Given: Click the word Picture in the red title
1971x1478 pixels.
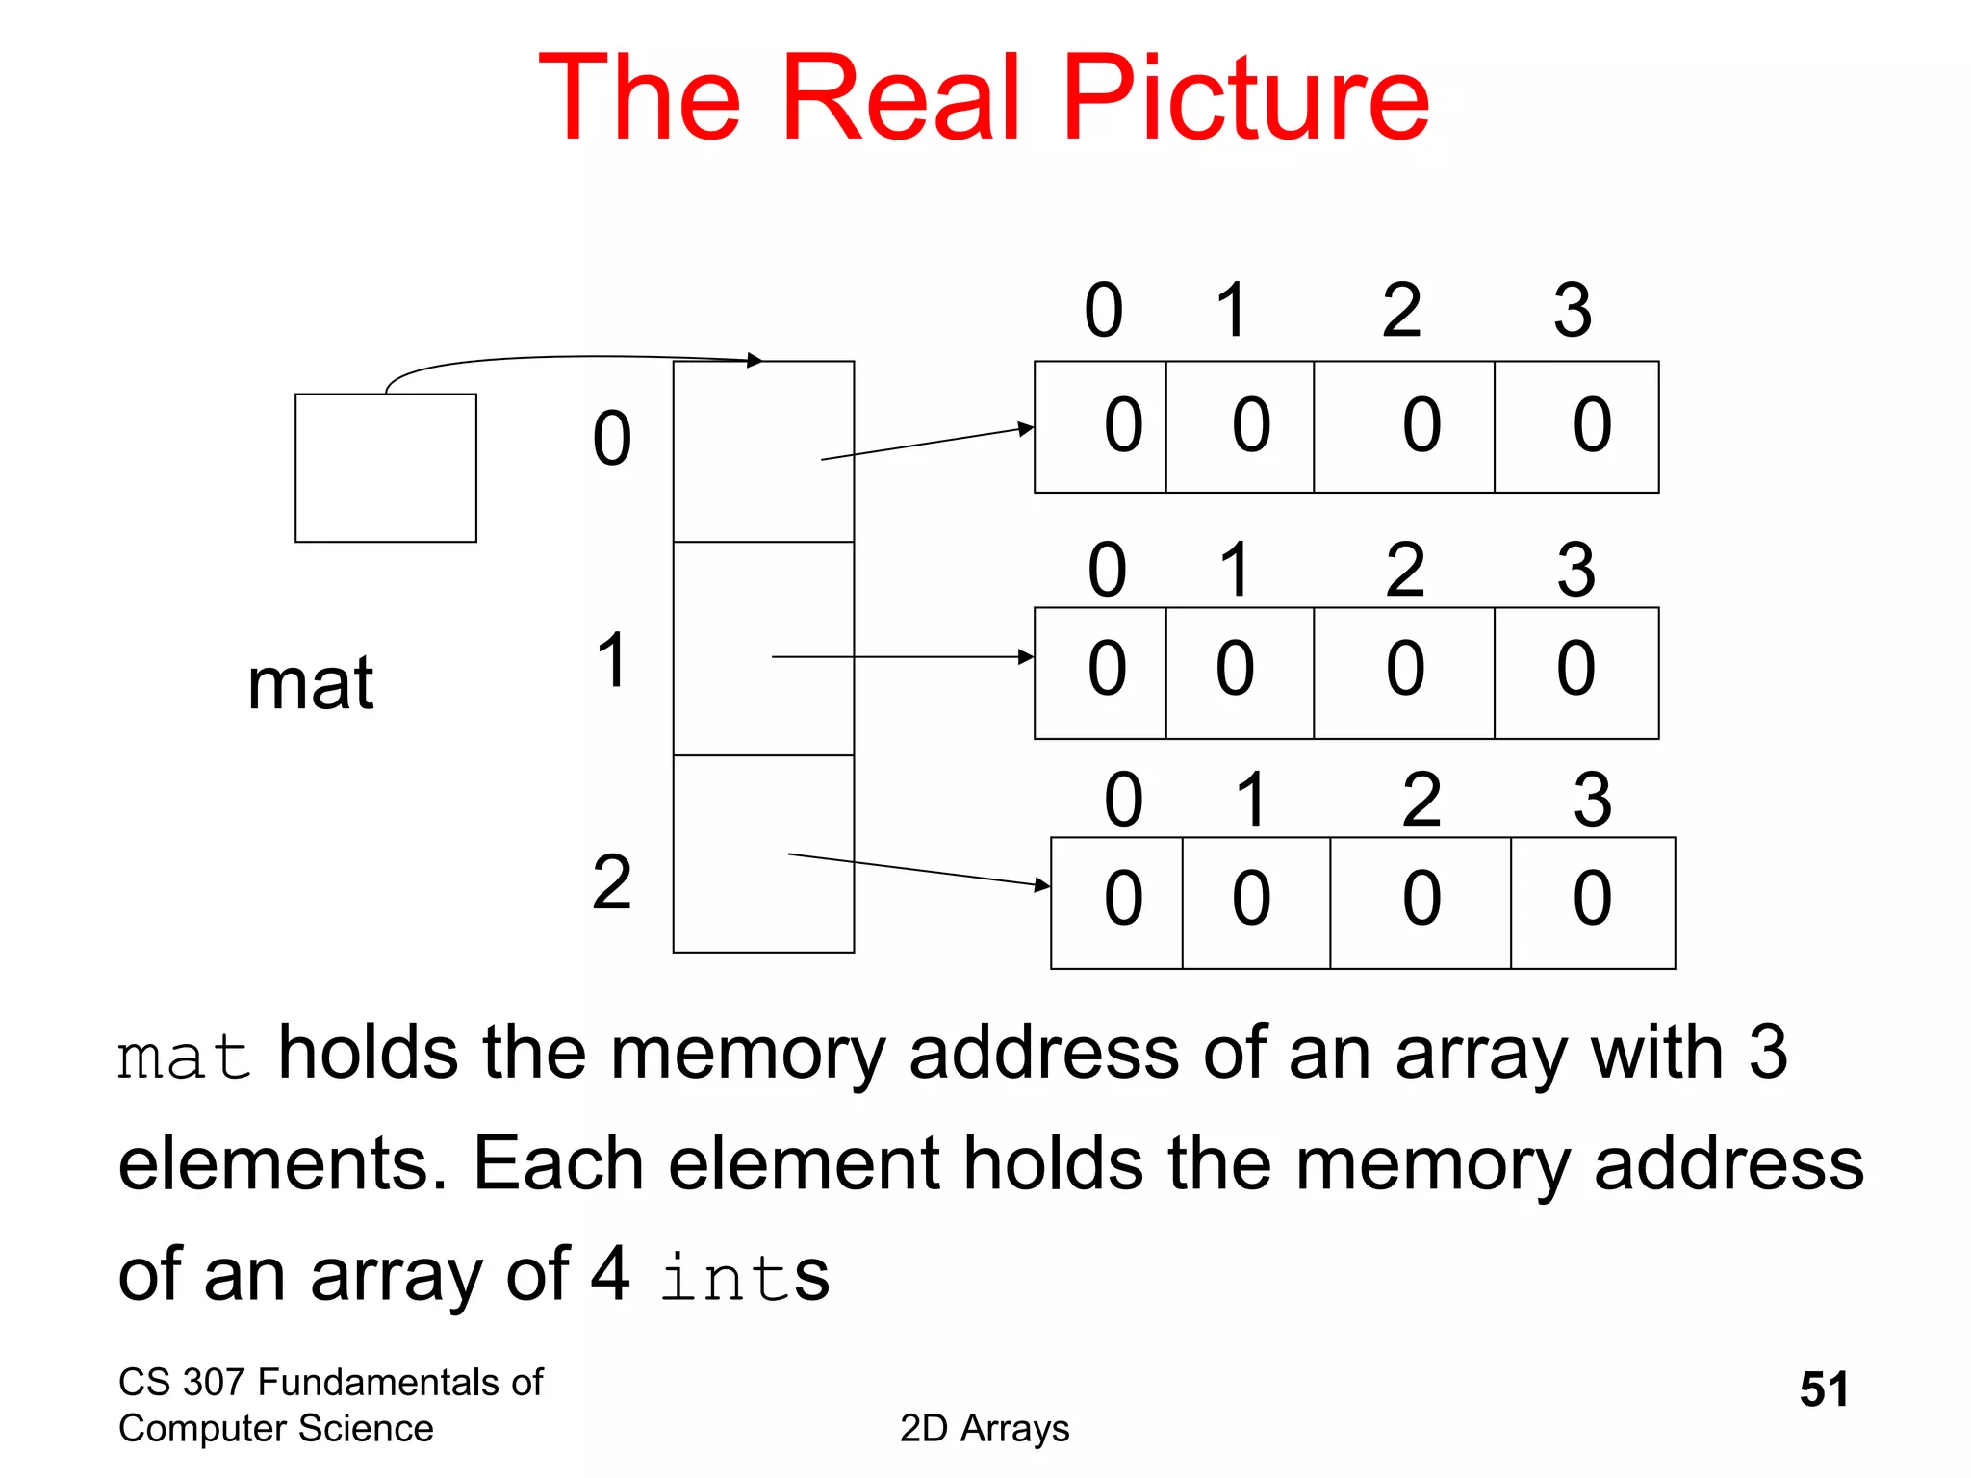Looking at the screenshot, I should (1245, 98).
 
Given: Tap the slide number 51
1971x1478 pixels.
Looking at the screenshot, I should (1824, 1389).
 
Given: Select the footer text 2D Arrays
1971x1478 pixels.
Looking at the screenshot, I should (985, 1429).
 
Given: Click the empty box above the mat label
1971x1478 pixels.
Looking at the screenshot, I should (385, 468).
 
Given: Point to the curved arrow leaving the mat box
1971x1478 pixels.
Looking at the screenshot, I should (568, 358).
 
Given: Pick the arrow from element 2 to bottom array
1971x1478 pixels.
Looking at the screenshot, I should (919, 869).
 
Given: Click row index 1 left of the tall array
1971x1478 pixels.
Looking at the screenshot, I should (611, 660).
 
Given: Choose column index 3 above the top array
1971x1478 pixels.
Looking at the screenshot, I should (1573, 311).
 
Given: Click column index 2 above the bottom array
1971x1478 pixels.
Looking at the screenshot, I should (1421, 800).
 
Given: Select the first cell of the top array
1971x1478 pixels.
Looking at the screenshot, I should (1101, 426).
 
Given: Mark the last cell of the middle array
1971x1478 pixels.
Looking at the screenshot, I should (1576, 673).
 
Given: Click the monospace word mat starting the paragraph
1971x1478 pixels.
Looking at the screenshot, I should (184, 1058).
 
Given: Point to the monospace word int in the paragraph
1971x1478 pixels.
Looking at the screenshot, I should (726, 1278).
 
